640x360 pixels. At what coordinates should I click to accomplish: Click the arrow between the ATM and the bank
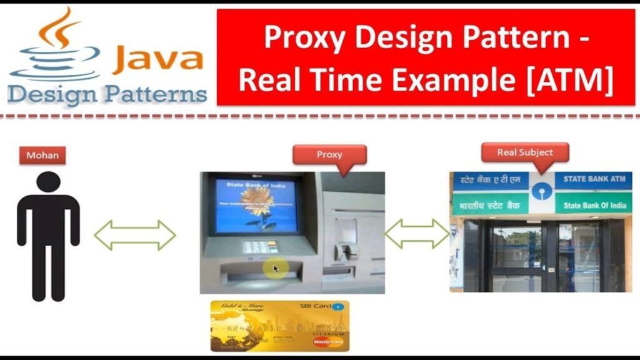point(417,235)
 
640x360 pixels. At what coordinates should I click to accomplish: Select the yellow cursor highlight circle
point(274,269)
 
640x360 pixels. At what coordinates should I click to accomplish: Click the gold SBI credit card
point(279,326)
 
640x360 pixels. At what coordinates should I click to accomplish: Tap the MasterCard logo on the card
point(329,342)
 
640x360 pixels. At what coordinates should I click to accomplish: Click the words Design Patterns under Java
point(107,94)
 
